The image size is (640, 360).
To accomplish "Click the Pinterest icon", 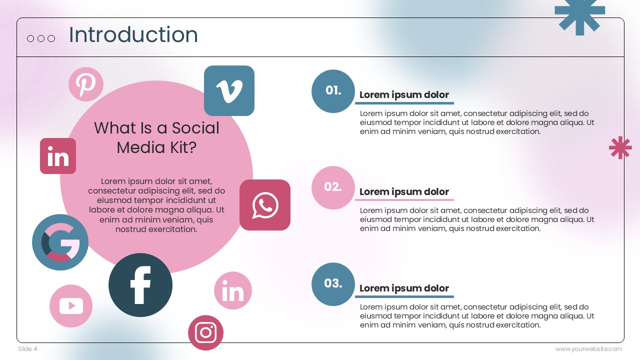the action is [x=86, y=84].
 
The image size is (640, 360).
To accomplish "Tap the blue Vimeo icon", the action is [x=229, y=90].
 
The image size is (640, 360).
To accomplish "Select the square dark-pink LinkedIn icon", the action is [x=58, y=156].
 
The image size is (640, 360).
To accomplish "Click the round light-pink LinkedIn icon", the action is [x=233, y=290].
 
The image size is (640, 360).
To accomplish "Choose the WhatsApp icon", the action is [x=265, y=205].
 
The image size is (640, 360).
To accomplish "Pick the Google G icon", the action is [x=60, y=242].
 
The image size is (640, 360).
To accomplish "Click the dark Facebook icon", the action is [x=140, y=285].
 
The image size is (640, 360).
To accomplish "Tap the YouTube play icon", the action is [x=71, y=306].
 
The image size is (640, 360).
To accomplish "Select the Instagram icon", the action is [x=205, y=332].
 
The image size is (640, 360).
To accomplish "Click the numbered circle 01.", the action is [x=333, y=91].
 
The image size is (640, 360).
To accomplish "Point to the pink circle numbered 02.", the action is [x=333, y=187].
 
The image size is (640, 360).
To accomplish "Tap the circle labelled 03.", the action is [x=333, y=284].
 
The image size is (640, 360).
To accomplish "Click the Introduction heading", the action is [x=133, y=35].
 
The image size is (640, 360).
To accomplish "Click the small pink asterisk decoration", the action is [x=620, y=147].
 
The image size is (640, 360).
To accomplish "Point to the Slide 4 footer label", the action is [x=27, y=349].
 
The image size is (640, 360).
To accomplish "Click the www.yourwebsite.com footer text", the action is [x=588, y=349].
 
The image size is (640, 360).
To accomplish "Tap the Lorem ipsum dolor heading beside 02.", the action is [x=404, y=191].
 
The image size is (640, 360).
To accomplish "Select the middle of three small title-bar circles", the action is [x=41, y=38].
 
